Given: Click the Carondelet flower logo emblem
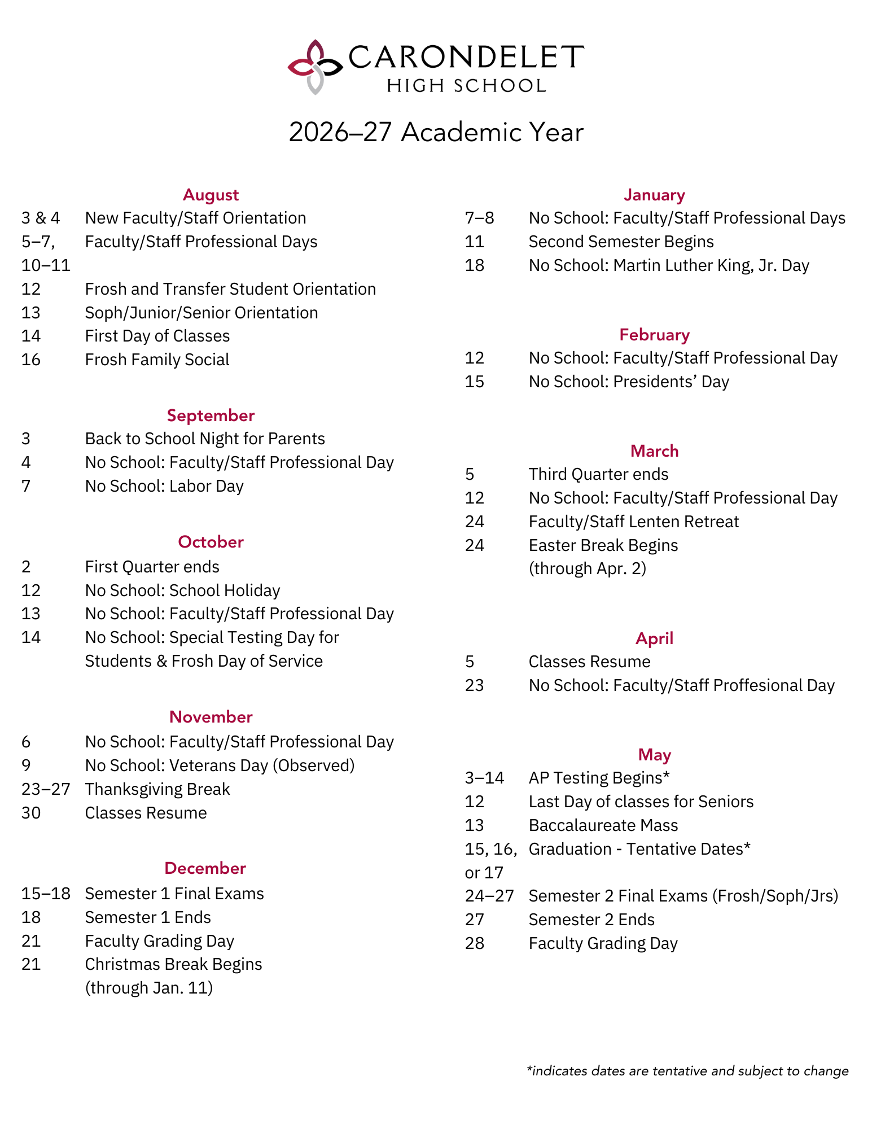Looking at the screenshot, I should [x=314, y=67].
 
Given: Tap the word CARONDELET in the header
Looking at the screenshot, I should [x=466, y=57].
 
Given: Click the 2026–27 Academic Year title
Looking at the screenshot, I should [x=436, y=133].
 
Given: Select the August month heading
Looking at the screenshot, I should [x=211, y=195].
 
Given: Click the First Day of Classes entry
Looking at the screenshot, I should [x=157, y=336].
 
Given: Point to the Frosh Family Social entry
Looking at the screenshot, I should [x=157, y=360].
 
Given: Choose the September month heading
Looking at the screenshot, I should [x=211, y=415].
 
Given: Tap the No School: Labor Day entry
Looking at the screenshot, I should [x=164, y=486].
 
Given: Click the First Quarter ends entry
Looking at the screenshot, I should [x=152, y=567].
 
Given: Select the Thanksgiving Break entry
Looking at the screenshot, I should [x=157, y=789].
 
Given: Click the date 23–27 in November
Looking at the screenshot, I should [x=46, y=789].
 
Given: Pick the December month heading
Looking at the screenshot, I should [x=205, y=868].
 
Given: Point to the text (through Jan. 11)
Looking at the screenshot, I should [x=148, y=988].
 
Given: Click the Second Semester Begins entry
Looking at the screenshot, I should [x=621, y=242].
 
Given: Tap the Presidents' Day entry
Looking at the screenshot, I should [x=629, y=382].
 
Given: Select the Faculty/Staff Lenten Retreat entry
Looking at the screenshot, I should [x=633, y=522].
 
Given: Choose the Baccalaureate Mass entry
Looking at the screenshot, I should [x=603, y=825].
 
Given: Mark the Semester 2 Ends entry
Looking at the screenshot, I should [x=591, y=920].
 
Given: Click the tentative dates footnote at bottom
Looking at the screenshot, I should [x=687, y=1071].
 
